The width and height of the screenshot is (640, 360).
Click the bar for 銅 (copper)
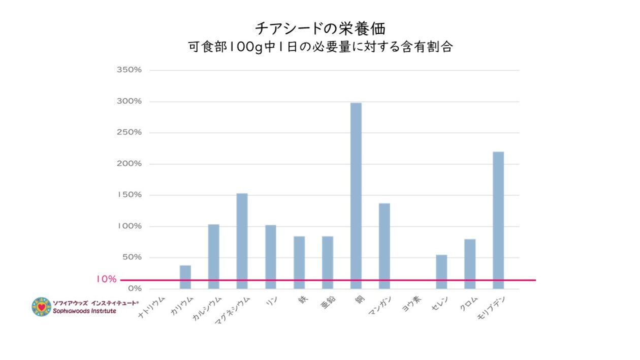click(x=356, y=195)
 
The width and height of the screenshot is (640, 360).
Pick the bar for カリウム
click(x=185, y=277)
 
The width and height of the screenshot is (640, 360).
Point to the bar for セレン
click(x=441, y=272)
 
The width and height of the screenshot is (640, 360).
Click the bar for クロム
click(x=470, y=264)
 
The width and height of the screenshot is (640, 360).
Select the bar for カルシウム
click(x=213, y=256)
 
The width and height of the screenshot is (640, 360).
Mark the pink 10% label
click(x=106, y=279)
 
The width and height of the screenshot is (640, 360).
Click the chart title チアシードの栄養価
click(x=319, y=27)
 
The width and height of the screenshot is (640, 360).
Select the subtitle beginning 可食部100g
click(x=320, y=47)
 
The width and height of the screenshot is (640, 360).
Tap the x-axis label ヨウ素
click(x=411, y=306)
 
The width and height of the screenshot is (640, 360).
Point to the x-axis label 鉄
click(x=303, y=301)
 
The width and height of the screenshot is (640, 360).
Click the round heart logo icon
click(x=41, y=307)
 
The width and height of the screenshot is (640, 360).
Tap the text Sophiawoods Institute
click(x=84, y=311)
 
